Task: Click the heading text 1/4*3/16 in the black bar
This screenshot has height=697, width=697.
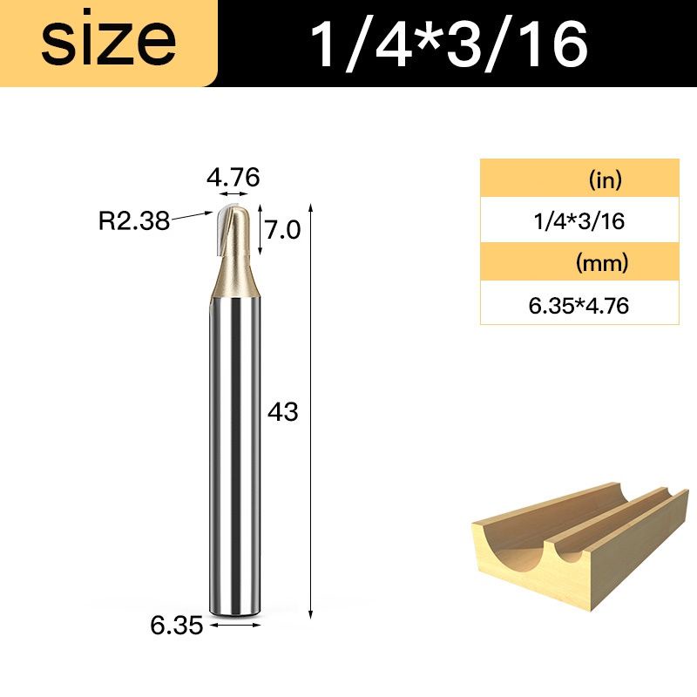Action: click(x=448, y=44)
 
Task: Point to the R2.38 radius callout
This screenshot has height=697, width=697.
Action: click(x=133, y=222)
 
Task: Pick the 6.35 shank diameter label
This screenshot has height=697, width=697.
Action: click(x=177, y=625)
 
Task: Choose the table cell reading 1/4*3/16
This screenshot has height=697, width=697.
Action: click(x=579, y=221)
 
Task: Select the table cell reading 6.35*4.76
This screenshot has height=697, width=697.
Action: click(x=579, y=305)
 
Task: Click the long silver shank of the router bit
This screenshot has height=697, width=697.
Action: click(x=233, y=453)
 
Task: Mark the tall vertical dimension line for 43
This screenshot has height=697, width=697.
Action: click(x=311, y=409)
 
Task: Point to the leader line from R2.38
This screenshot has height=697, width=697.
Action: click(x=192, y=216)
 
